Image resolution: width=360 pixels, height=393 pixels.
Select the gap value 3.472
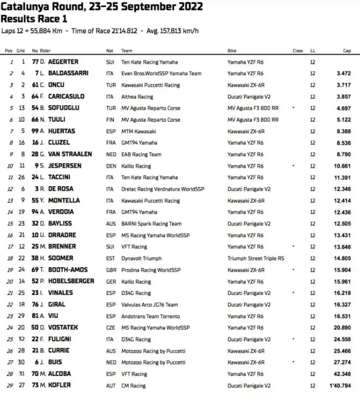[x=342, y=74]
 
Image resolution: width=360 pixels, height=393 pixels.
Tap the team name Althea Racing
[x=137, y=97]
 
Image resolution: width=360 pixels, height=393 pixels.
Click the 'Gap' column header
[x=347, y=51]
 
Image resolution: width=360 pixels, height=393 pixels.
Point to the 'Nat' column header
[x=110, y=51]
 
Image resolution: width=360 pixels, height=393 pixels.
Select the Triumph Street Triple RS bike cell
[x=256, y=258]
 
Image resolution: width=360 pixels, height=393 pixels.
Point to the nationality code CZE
[x=111, y=328]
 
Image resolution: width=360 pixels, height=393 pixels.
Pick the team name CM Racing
[x=133, y=385]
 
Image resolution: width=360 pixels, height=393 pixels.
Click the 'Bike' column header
[x=232, y=51]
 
